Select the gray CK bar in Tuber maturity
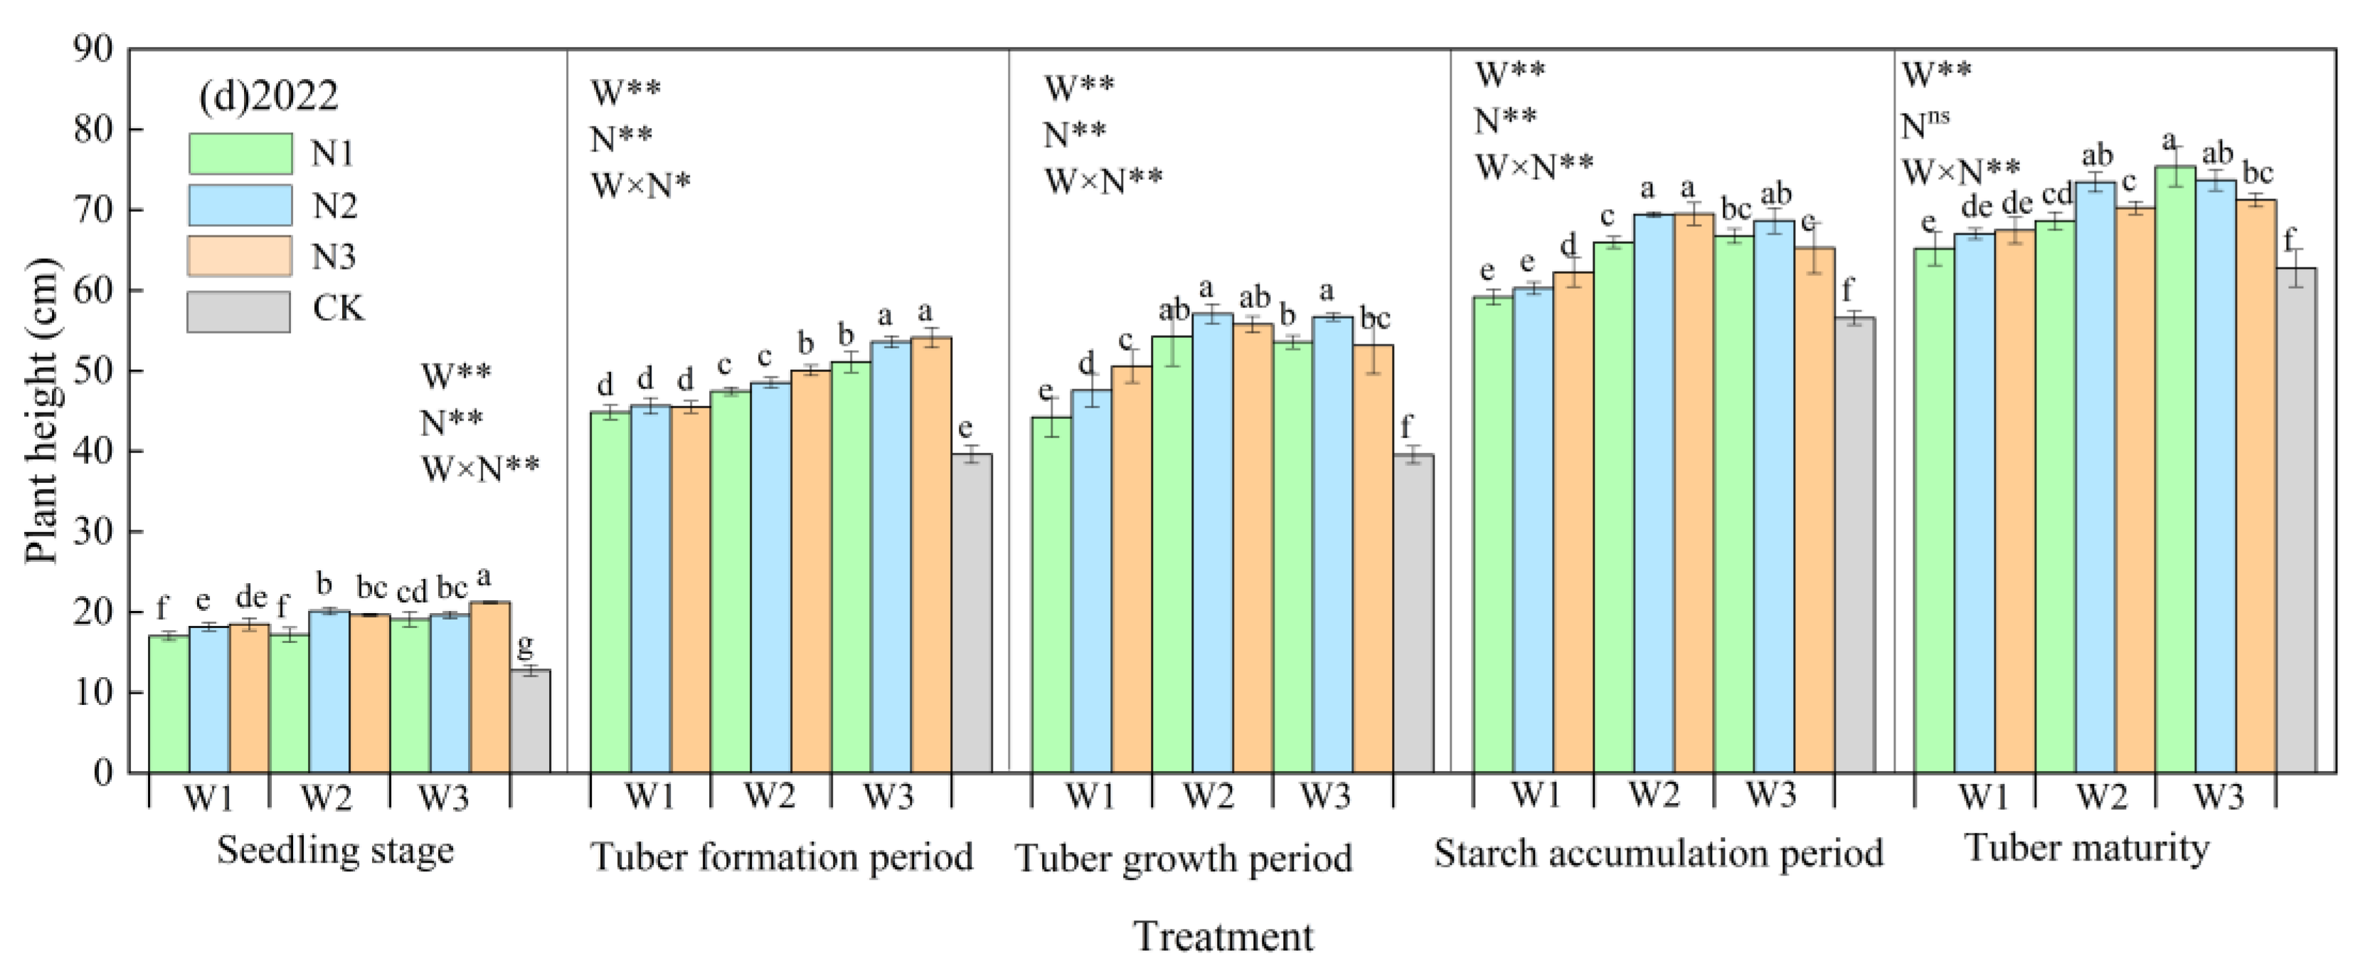pos(2296,521)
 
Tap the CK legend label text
pos(339,308)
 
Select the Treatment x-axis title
pos(1223,937)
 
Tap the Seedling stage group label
pos(336,850)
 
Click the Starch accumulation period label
pos(1658,854)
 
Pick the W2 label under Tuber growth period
pos(1208,794)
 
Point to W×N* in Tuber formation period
pos(641,185)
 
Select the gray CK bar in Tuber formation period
pos(972,613)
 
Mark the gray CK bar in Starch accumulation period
pos(1854,545)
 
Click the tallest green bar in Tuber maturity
pos(2175,470)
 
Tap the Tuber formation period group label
pos(781,857)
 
